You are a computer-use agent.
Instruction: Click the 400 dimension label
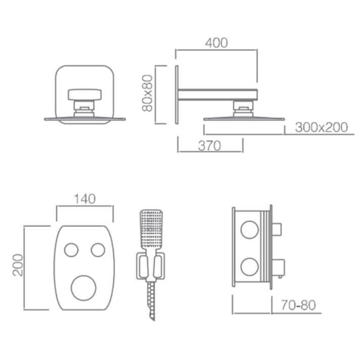coord(216,43)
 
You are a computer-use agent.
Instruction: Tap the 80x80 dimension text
coord(147,93)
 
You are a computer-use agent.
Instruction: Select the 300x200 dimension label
coord(321,127)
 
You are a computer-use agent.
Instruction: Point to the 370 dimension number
coord(209,146)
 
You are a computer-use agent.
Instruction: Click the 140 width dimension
coord(85,199)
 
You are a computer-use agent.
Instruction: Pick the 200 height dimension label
coord(18,265)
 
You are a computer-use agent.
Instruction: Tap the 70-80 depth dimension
coord(298,305)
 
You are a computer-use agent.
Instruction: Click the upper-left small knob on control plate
coord(71,250)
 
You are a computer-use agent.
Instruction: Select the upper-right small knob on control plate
coord(98,250)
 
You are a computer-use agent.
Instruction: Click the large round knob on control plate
coord(83,288)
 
